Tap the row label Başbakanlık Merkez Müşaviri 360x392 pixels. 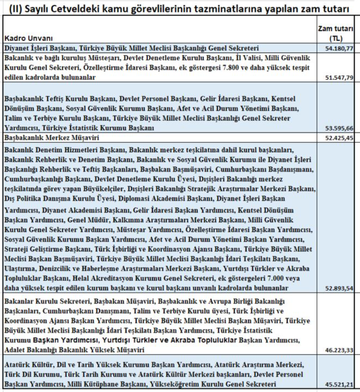(52, 138)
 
